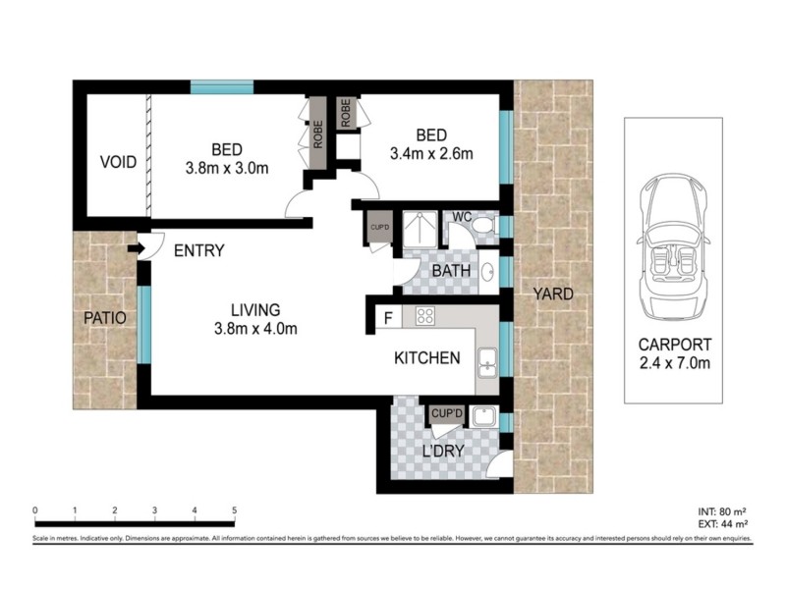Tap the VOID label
pos(118,162)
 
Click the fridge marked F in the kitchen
pos(388,317)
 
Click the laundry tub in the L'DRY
pos(481,417)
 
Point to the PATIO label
pos(105,317)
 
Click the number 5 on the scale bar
pos(235,510)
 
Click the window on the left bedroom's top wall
pos(223,87)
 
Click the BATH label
pos(450,271)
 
